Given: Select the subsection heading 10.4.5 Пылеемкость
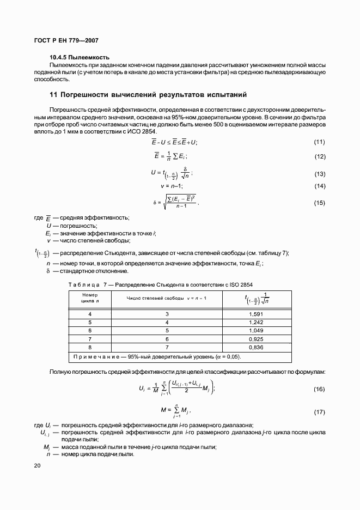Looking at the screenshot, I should click(80, 57).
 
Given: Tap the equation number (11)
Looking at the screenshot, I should click(319, 142).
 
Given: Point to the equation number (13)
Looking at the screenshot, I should click(319, 174).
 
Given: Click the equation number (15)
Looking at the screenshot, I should click(319, 203).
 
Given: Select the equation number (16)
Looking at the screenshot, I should click(319, 389).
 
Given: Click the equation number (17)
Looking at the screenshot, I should click(319, 412).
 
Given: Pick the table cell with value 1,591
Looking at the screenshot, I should click(256, 314).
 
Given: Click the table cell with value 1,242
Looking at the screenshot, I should click(256, 322).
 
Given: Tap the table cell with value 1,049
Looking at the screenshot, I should click(256, 330).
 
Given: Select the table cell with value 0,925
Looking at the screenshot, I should click(256, 338).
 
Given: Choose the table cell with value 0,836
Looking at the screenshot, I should click(256, 347).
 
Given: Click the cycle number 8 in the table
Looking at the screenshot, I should click(90, 347).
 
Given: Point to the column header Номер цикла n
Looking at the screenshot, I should click(90, 297).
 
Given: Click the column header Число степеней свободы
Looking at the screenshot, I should click(167, 298).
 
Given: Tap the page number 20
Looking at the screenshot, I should click(37, 465).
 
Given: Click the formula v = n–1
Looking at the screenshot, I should click(174, 186).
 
